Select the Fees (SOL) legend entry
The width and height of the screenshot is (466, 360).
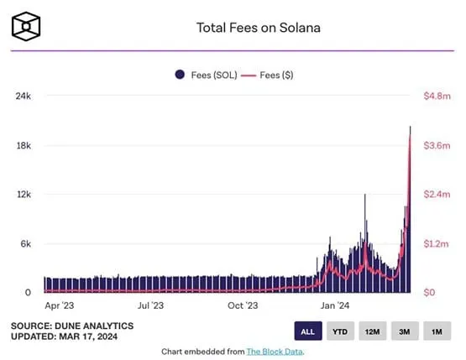[205, 75]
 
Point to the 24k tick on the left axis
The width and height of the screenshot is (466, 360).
[23, 97]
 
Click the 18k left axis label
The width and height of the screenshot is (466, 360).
[23, 146]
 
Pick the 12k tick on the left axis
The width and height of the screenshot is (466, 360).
[23, 195]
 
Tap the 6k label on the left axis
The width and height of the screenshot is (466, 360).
[25, 244]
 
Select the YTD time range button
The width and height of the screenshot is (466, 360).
[339, 331]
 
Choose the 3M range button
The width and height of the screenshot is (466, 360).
[404, 331]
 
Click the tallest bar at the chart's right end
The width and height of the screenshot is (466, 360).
[410, 210]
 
